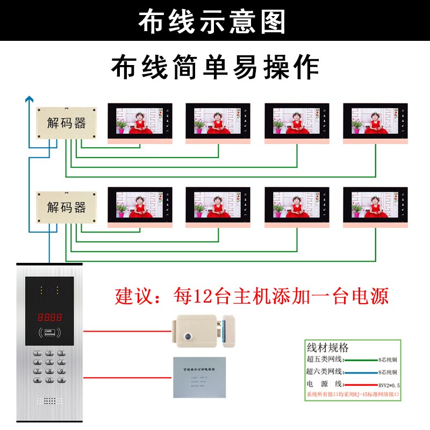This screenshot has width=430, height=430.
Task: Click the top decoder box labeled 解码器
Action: [66, 124]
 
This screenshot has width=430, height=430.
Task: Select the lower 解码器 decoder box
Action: [66, 207]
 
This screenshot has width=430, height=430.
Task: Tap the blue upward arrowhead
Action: [30, 99]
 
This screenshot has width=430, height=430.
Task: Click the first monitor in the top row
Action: [140, 121]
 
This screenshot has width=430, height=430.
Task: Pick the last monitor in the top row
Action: [375, 121]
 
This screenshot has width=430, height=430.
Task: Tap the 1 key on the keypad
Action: [38, 354]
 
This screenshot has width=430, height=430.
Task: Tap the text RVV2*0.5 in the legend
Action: [388, 385]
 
